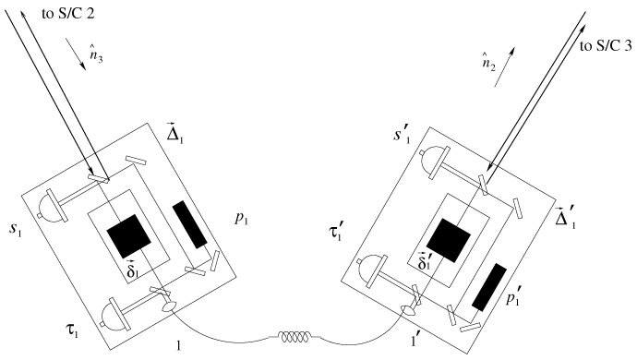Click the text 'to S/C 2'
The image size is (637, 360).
click(x=68, y=14)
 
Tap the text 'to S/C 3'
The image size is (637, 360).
click(x=606, y=46)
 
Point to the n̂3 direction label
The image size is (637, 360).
click(x=96, y=54)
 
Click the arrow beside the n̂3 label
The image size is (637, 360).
click(x=76, y=54)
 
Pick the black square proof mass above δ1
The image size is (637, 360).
click(x=128, y=236)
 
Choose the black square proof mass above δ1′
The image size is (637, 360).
click(x=449, y=240)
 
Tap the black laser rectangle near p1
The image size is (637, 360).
click(x=190, y=224)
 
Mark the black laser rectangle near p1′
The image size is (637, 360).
click(x=489, y=287)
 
